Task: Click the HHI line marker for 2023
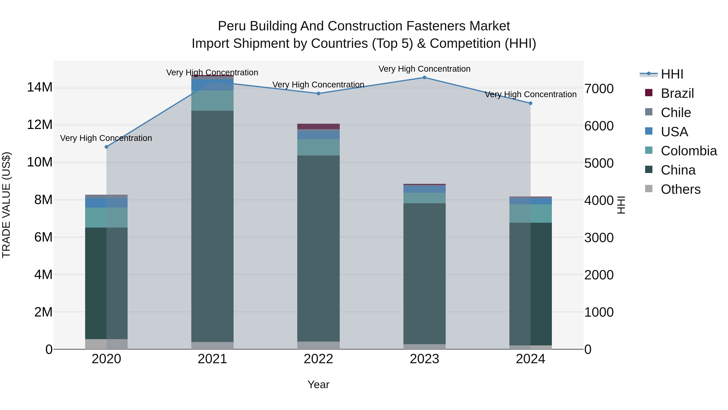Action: pos(424,78)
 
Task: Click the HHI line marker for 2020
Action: pos(106,147)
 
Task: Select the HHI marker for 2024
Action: pos(530,103)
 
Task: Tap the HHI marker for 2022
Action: pos(318,93)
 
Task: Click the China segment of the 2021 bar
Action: pos(212,226)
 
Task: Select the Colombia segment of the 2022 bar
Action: pos(318,147)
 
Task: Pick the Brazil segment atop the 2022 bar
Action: pos(318,126)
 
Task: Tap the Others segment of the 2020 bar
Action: pos(106,344)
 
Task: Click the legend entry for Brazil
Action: pos(677,93)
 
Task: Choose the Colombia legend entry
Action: pos(688,151)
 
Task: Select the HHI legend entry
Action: pos(672,74)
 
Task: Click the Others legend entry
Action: pos(680,189)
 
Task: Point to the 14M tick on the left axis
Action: pos(40,87)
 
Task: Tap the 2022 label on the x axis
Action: pos(318,359)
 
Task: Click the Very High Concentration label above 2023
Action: pos(424,69)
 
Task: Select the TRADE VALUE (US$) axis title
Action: pos(6,205)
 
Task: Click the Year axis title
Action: pos(318,384)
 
